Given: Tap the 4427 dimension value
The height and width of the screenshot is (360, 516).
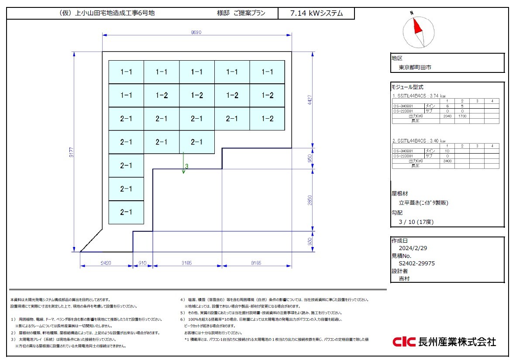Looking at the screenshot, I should [310, 101].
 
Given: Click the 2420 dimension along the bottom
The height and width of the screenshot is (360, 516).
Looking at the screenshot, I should [106, 263].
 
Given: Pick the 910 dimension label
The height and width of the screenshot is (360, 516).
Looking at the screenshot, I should [142, 263].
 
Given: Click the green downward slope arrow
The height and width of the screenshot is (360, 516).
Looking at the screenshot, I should [184, 163].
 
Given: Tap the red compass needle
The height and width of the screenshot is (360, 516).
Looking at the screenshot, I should [417, 25].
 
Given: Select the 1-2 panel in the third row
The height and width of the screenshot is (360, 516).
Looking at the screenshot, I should [267, 119].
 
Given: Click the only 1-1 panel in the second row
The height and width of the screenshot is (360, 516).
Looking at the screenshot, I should [126, 95].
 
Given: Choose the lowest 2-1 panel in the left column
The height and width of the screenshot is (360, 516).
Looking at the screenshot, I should [126, 213].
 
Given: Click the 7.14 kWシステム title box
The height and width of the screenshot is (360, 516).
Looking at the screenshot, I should [316, 14].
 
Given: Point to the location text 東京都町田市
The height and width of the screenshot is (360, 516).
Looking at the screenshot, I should [415, 68].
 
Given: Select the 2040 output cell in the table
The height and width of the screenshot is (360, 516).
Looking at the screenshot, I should [447, 116].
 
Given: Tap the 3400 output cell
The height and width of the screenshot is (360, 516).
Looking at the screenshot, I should [447, 161].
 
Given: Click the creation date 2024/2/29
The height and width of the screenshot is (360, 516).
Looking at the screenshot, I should [413, 248].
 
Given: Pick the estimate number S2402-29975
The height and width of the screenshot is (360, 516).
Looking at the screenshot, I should [416, 263].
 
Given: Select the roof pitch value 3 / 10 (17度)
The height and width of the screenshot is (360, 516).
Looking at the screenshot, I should [416, 222].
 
